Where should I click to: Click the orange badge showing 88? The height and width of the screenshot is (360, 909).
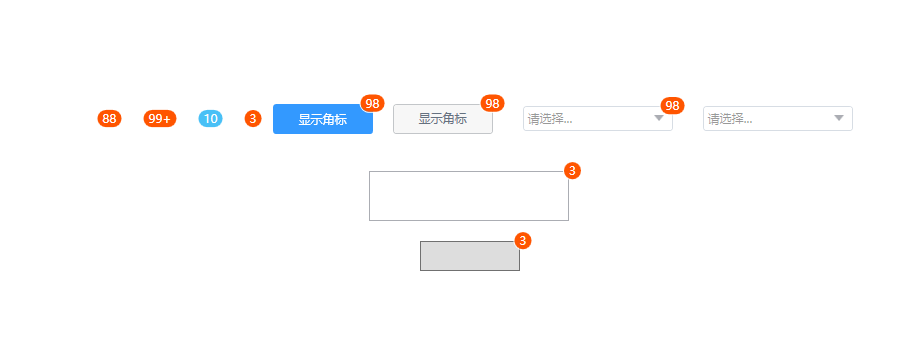109,119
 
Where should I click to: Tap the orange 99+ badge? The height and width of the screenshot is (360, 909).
159,119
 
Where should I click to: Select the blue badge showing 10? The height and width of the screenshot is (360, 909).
210,119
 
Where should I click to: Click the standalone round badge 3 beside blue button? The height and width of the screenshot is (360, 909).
253,119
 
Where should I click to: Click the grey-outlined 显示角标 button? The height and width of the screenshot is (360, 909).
443,119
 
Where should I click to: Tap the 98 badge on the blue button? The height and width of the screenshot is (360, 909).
372,104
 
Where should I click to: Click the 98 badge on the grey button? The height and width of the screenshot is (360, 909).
492,104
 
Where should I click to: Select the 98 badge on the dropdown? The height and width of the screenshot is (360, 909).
672,106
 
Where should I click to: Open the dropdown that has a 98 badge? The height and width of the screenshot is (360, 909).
598,119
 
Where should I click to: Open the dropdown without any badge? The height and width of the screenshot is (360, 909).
777,119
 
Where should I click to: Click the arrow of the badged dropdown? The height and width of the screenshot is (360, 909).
659,118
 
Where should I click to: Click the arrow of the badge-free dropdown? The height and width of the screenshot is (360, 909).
838,118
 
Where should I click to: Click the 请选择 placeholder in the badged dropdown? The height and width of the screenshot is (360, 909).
550,119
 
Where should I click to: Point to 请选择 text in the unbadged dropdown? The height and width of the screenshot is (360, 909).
730,119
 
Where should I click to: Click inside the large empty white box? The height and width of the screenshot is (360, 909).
468,196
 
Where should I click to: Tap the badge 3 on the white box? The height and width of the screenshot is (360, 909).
572,171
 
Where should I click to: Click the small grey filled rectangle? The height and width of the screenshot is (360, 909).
470,256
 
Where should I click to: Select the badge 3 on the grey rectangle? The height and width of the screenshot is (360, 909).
522,241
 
